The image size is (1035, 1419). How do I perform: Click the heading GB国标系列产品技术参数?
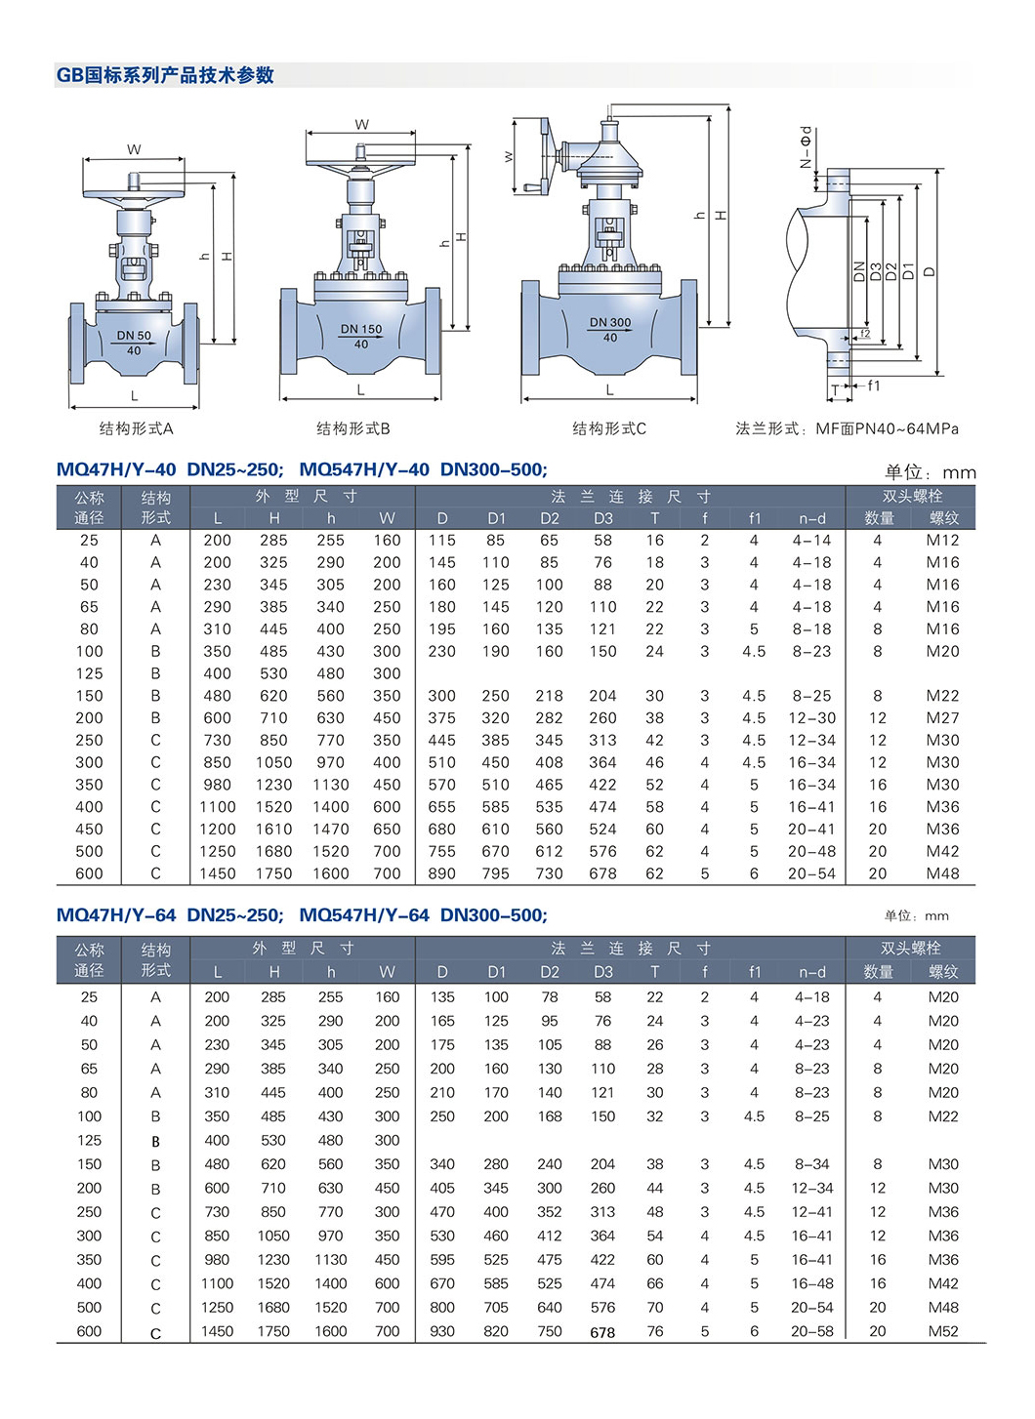165,75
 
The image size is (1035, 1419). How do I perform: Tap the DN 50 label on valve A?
134,335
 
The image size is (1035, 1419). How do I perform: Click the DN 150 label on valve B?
361,329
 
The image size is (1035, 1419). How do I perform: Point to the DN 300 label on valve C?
610,322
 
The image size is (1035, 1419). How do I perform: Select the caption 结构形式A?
137,428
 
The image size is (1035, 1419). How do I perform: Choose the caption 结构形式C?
609,428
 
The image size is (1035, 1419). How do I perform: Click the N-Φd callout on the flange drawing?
805,147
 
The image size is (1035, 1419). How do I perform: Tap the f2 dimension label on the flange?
865,333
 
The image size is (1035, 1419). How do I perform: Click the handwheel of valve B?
360,163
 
